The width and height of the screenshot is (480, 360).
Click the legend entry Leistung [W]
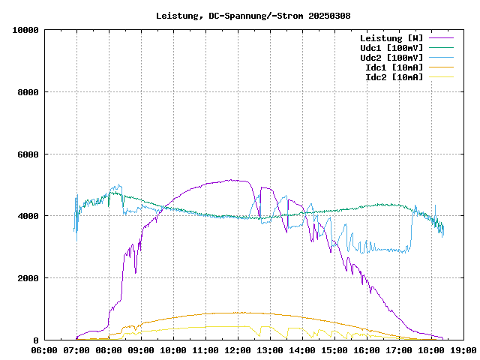click(x=391, y=38)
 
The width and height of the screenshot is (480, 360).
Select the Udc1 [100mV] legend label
click(x=391, y=48)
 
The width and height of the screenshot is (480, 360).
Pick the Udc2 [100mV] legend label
click(x=391, y=58)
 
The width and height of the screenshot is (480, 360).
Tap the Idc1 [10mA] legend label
click(x=394, y=67)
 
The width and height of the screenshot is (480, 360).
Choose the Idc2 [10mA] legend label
click(x=394, y=77)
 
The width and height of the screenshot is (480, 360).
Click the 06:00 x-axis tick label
click(x=45, y=349)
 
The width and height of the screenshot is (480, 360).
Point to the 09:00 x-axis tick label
click(x=141, y=349)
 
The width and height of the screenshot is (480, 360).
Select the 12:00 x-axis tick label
click(x=238, y=349)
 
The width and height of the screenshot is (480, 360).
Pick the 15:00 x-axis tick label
click(x=334, y=349)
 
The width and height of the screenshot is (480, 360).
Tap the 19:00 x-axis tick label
click(x=463, y=349)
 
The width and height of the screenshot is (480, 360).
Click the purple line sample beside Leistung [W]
click(x=442, y=38)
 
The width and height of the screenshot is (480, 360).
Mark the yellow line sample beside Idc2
click(x=442, y=77)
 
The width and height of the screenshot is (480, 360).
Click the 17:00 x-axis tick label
click(x=398, y=349)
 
